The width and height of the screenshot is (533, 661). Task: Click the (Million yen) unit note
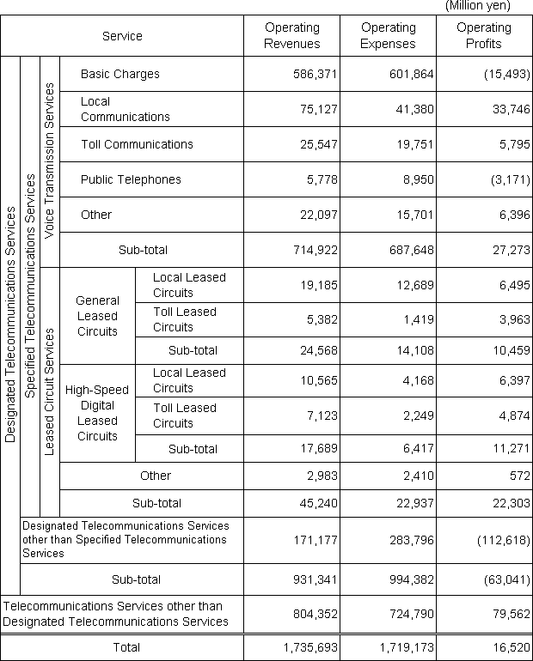point(477,6)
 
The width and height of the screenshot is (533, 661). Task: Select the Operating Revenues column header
point(291,36)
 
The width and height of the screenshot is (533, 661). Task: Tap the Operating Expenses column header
point(388,36)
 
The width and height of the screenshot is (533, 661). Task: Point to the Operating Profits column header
point(484,36)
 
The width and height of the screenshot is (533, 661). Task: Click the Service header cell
point(122,36)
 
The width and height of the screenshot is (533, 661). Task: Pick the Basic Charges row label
point(120,74)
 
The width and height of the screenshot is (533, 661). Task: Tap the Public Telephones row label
point(131,179)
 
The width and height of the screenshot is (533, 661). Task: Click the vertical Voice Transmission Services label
point(50,161)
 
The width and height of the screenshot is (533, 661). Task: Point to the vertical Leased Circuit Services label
point(50,391)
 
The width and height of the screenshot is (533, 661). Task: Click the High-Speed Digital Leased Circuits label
point(97,413)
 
